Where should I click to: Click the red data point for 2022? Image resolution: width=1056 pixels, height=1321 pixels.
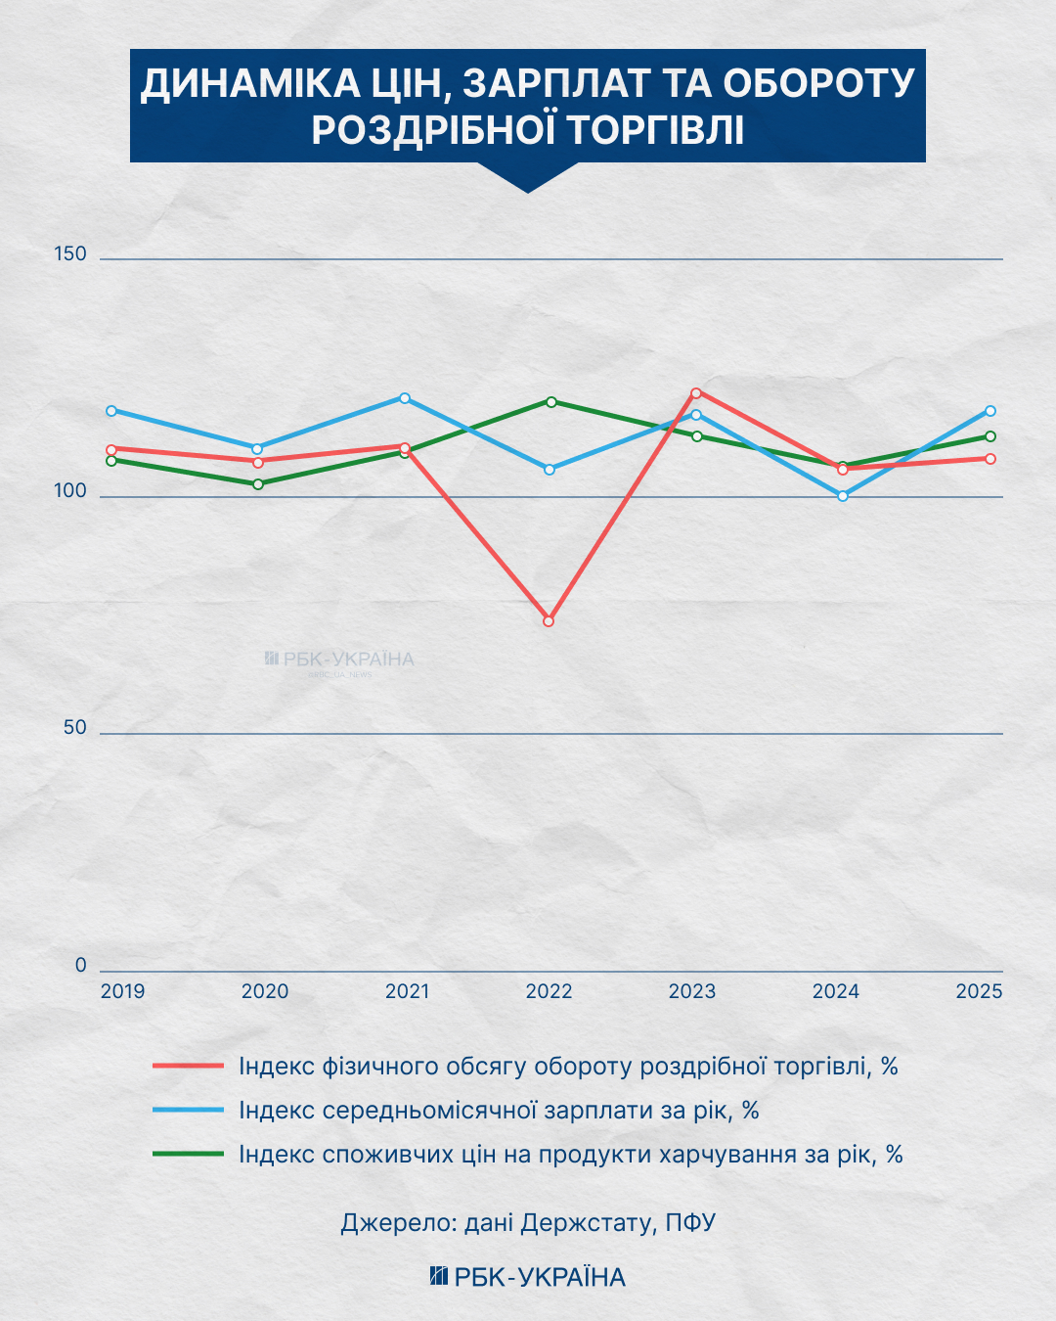549,621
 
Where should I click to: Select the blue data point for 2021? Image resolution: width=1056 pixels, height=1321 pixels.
405,398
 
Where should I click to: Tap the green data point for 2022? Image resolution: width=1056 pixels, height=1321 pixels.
551,402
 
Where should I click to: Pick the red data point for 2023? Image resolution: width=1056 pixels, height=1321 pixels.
696,392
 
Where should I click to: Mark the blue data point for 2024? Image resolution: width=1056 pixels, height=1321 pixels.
843,496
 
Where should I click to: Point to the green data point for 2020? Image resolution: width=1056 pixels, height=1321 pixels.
258,484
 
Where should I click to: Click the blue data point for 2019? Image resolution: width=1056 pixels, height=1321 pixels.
111,411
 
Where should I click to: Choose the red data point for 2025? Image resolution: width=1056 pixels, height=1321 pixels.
990,459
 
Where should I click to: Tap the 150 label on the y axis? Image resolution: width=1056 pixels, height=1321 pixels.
70,253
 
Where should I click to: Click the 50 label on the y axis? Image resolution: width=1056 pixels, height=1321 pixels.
75,727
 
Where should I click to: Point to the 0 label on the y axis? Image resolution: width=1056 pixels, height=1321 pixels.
81,965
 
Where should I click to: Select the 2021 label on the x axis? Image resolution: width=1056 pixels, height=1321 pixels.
408,991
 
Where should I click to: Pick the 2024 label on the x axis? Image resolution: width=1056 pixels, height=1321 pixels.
836,991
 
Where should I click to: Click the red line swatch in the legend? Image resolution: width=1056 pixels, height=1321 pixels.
189,1066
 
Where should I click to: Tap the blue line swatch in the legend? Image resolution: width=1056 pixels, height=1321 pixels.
189,1110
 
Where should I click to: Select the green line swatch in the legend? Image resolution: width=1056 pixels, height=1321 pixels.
189,1154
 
